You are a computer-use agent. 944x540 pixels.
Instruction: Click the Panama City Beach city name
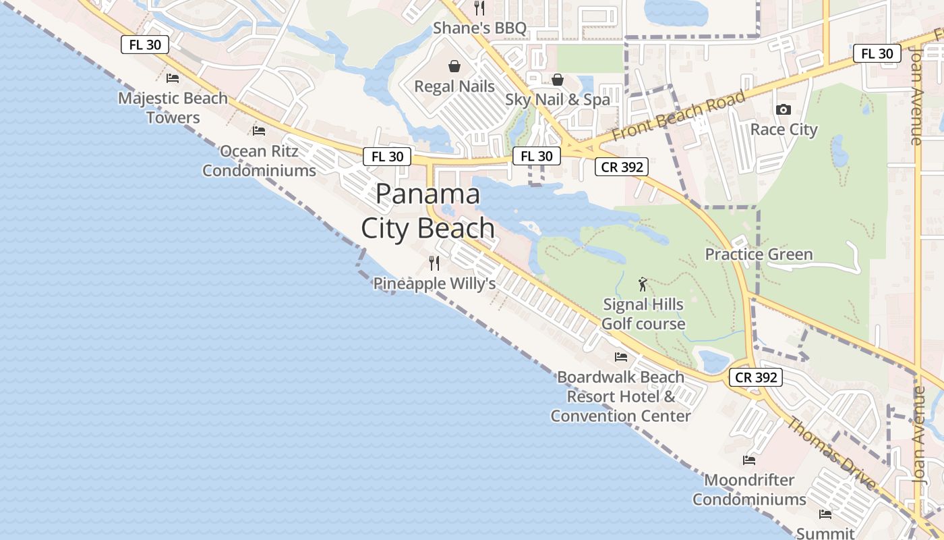(428, 211)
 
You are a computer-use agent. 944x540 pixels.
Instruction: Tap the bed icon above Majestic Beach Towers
(173, 78)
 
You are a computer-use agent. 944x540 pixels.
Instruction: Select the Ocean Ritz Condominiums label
(259, 161)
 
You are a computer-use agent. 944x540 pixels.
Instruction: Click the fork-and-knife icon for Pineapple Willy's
(434, 263)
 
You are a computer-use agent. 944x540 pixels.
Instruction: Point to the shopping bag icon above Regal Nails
(454, 66)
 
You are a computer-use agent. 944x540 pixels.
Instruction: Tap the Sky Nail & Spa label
(558, 99)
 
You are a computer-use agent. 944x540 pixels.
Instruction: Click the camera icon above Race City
(784, 109)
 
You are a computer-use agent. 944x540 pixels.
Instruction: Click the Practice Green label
(759, 254)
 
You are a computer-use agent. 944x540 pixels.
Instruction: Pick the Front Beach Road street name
(678, 116)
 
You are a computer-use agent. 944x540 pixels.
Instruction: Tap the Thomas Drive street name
(832, 454)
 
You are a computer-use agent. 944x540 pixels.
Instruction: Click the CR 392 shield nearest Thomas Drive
(756, 378)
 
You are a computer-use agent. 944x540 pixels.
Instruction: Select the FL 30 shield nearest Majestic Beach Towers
(144, 45)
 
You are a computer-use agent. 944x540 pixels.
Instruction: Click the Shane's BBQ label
(479, 28)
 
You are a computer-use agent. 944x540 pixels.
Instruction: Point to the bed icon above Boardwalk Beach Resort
(621, 356)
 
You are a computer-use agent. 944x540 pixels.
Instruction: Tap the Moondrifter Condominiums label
(749, 490)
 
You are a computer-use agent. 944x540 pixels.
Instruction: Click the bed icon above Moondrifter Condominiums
(749, 460)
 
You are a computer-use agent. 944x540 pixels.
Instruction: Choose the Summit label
(825, 533)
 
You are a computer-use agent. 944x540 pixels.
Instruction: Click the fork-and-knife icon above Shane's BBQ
(479, 8)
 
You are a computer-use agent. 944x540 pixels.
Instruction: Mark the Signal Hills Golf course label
(643, 314)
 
